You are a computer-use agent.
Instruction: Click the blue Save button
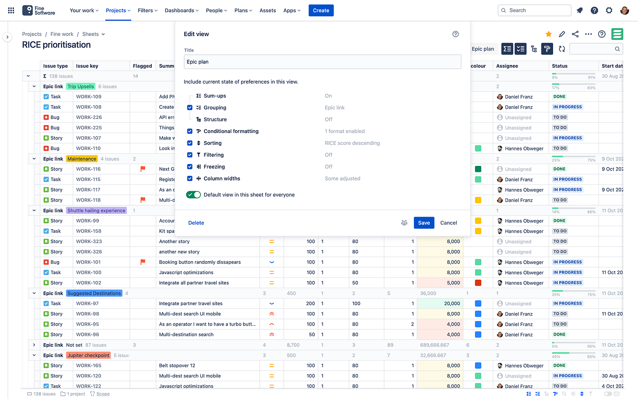[x=424, y=223]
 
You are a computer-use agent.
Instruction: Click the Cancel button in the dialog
[x=448, y=223]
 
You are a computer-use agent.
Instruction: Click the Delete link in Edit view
[x=196, y=223]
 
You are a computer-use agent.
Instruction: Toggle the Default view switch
[x=193, y=195]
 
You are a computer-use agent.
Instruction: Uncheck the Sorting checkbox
[x=190, y=143]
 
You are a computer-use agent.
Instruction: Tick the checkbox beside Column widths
[x=190, y=179]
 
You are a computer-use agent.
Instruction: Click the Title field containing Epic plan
[x=322, y=62]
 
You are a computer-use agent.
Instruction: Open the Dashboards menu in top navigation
[x=182, y=10]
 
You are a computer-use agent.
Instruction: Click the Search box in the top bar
[x=534, y=10]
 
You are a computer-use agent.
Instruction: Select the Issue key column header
[x=87, y=66]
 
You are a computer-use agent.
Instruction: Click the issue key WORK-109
[x=89, y=97]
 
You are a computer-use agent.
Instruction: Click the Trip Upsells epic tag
[x=80, y=86]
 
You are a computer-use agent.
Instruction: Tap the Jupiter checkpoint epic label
[x=88, y=355]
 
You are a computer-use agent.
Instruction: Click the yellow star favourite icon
[x=548, y=34]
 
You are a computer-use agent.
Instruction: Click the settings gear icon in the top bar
[x=609, y=10]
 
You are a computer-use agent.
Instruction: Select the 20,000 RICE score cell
[x=439, y=304]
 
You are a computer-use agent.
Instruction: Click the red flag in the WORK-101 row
[x=143, y=262]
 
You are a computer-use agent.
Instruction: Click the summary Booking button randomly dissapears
[x=200, y=262]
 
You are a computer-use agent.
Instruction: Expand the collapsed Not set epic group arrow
[x=34, y=345]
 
